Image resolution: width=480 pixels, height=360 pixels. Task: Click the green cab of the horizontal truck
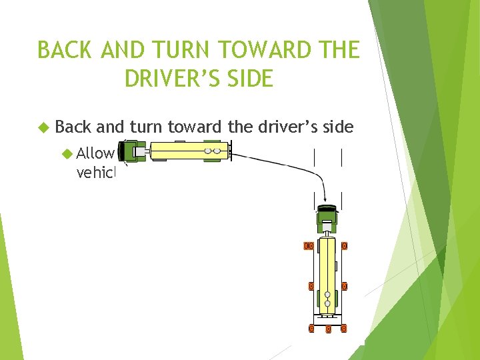(x=131, y=152)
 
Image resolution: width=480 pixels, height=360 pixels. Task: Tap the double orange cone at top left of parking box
(x=309, y=246)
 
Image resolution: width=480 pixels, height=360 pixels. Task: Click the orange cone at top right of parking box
(x=344, y=246)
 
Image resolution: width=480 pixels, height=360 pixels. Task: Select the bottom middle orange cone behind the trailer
(x=327, y=329)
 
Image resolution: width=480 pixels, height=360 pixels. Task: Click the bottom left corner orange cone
(x=311, y=328)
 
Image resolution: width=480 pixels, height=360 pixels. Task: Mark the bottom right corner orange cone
(x=344, y=328)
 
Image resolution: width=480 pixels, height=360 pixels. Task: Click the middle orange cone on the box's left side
(x=311, y=287)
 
